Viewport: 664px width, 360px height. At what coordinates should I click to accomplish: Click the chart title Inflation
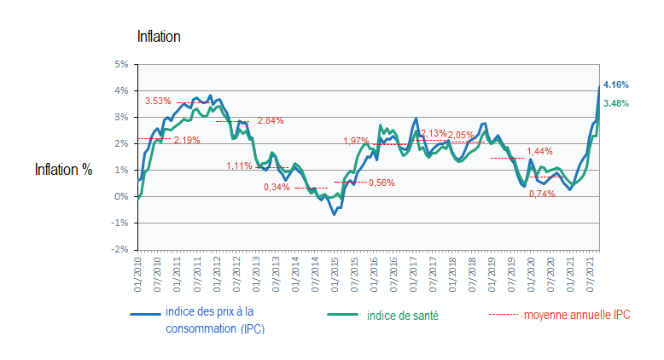coord(159,37)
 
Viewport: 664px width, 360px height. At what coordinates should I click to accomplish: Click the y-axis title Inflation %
coord(63,169)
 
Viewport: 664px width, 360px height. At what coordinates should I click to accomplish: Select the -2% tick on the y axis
coord(120,249)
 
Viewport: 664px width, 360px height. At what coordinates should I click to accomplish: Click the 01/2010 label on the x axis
coord(137,269)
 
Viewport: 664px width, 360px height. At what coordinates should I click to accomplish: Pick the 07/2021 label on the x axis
coord(592,269)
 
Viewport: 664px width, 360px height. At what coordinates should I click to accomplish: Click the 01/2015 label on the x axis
coord(335,269)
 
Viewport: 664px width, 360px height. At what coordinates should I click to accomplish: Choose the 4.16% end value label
coord(615,85)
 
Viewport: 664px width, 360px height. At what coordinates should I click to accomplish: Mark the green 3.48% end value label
coord(615,104)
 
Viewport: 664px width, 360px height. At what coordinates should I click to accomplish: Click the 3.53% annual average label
coord(158,102)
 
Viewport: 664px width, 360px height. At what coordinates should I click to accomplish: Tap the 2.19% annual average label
coord(187,140)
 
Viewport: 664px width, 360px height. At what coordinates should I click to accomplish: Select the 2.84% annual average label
coord(271,120)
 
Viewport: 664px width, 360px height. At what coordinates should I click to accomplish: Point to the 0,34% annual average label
coord(277,187)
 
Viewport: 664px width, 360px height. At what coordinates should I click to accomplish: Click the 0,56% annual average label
coord(381,183)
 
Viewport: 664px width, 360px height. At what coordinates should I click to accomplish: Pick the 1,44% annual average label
coord(539,151)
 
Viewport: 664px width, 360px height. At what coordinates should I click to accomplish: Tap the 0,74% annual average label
coord(542,194)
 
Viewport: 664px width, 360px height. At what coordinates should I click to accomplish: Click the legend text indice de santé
coord(404,316)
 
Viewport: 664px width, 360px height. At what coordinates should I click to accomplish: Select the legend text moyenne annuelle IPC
coord(576,315)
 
